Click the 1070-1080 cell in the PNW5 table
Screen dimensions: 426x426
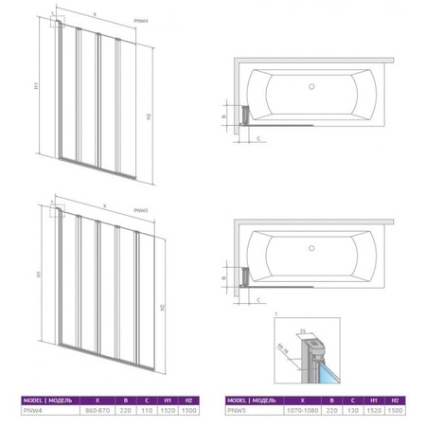point(298,412)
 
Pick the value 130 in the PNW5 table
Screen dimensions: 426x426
point(349,412)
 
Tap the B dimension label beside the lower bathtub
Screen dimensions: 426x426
point(236,274)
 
